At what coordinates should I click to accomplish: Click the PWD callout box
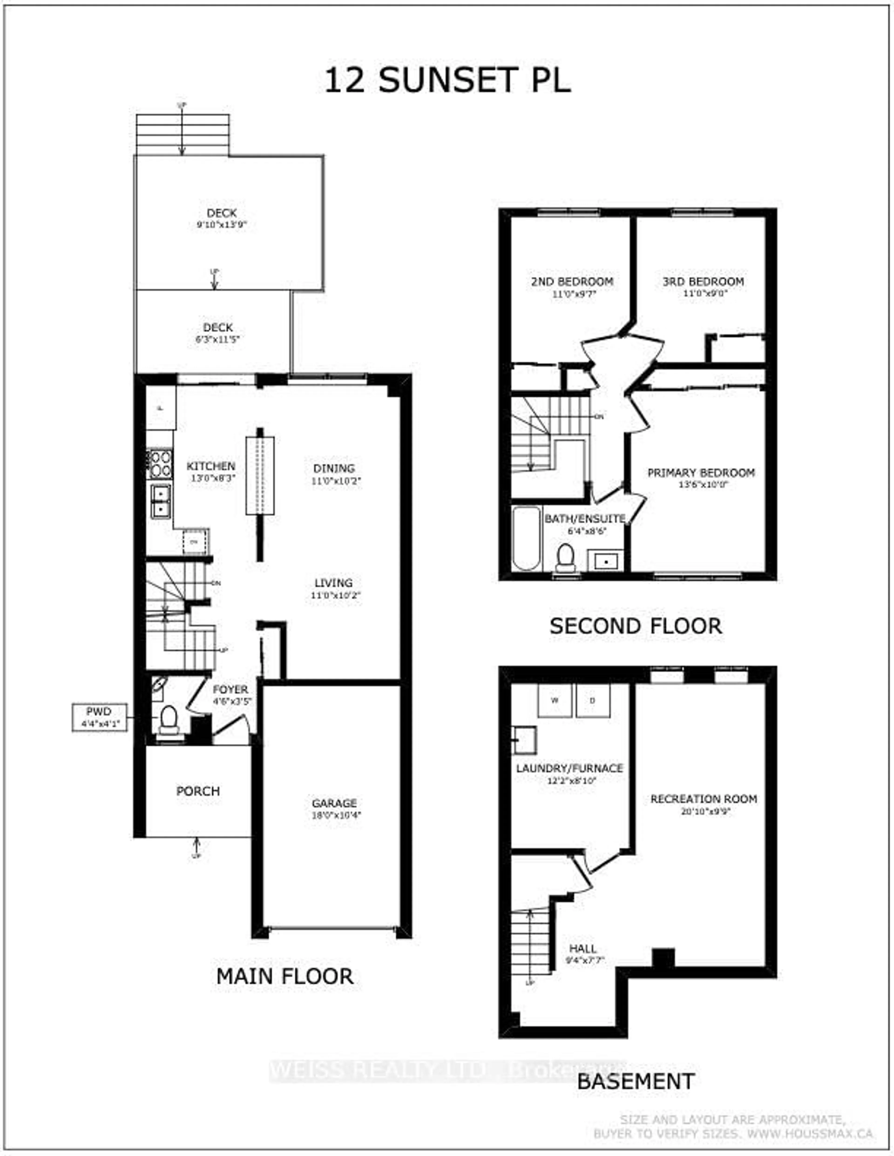(100, 717)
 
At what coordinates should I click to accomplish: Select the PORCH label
(198, 791)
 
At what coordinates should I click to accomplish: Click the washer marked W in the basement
(555, 700)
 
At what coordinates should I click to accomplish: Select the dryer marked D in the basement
(593, 700)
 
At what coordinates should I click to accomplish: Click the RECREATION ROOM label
(703, 799)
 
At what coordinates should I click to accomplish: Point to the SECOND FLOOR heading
(636, 626)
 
